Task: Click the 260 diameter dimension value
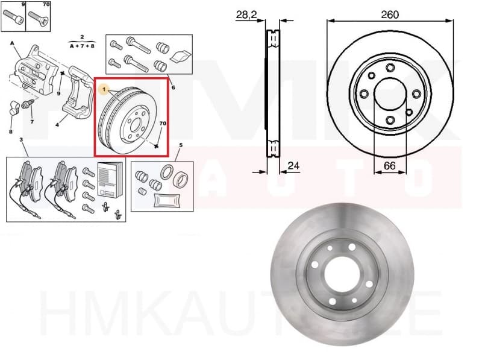pyautogui.click(x=390, y=14)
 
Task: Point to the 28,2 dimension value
pyautogui.click(x=246, y=14)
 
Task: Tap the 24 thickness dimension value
pyautogui.click(x=294, y=165)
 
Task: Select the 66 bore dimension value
pyautogui.click(x=390, y=165)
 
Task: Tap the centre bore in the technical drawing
pyautogui.click(x=390, y=95)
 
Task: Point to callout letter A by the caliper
pyautogui.click(x=11, y=43)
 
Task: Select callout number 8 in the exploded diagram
pyautogui.click(x=10, y=131)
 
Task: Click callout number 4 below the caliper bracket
pyautogui.click(x=57, y=125)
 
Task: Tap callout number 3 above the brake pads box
pyautogui.click(x=22, y=140)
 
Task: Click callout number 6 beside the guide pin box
pyautogui.click(x=173, y=88)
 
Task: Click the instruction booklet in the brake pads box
pyautogui.click(x=109, y=180)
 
